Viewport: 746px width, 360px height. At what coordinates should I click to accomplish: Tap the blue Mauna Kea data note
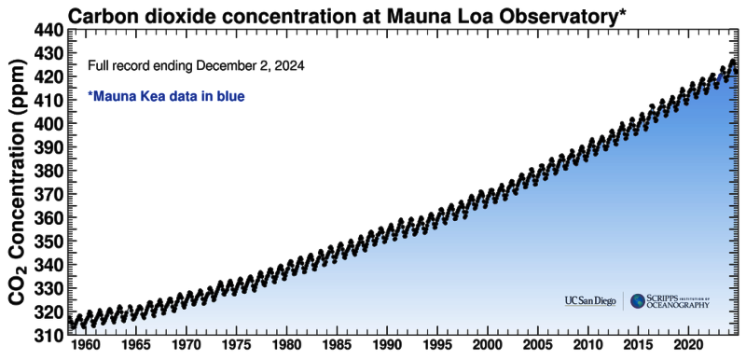166,95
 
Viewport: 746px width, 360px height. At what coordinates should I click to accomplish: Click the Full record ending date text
196,67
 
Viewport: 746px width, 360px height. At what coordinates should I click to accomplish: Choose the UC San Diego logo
591,300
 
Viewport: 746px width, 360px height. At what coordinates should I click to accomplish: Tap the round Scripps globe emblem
638,300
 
